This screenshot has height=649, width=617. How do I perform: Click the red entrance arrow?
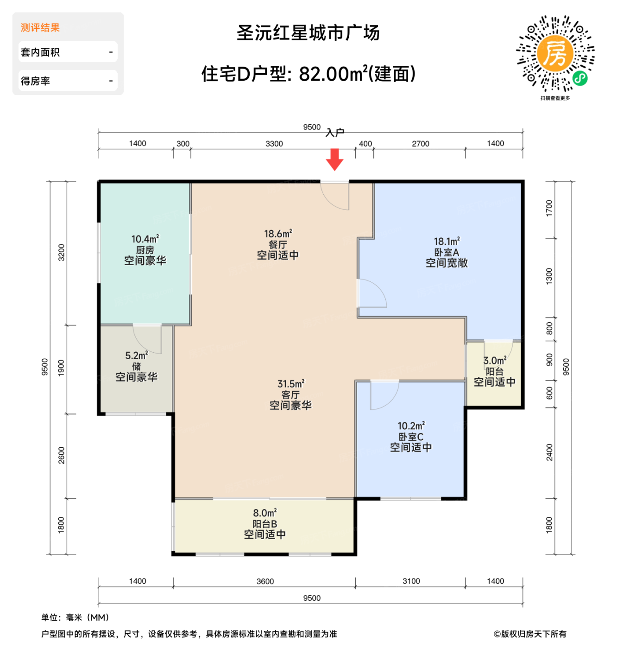(334, 159)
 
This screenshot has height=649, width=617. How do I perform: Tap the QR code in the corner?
(555, 54)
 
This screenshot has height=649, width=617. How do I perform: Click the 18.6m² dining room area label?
(278, 234)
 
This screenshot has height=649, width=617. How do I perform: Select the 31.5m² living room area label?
(291, 384)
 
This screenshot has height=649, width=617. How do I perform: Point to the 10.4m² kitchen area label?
(145, 239)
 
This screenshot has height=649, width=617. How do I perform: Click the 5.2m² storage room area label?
(136, 356)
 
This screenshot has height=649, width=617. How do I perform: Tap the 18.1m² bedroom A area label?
(447, 242)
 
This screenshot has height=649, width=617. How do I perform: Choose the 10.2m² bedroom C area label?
(411, 426)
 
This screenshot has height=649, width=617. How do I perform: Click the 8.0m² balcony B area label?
(265, 513)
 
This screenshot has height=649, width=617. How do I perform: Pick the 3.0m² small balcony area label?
(495, 361)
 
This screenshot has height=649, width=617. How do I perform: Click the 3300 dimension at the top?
(274, 144)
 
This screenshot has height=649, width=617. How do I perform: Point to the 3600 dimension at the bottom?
(265, 581)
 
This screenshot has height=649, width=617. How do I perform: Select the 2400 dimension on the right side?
(549, 452)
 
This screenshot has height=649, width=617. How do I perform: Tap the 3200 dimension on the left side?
(62, 253)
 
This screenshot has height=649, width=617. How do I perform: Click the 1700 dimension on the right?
(549, 208)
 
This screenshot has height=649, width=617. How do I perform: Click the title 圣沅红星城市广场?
(308, 33)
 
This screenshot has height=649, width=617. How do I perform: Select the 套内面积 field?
(68, 52)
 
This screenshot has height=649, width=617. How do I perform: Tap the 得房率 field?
(68, 81)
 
